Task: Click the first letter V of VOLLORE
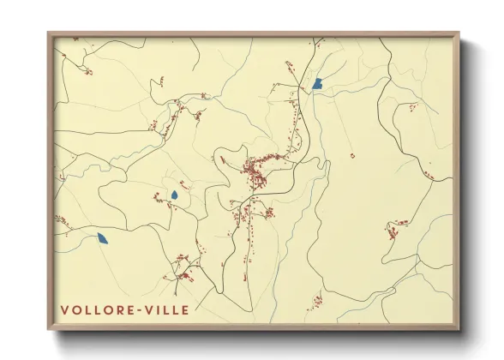(65, 309)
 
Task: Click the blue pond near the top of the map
(317, 84)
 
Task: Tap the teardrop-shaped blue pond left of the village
(174, 195)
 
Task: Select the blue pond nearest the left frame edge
(103, 238)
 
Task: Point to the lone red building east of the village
(352, 156)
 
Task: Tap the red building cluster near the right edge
(396, 227)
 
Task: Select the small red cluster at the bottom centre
(316, 301)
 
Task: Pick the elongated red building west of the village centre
(222, 160)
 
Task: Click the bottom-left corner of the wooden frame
(49, 329)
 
